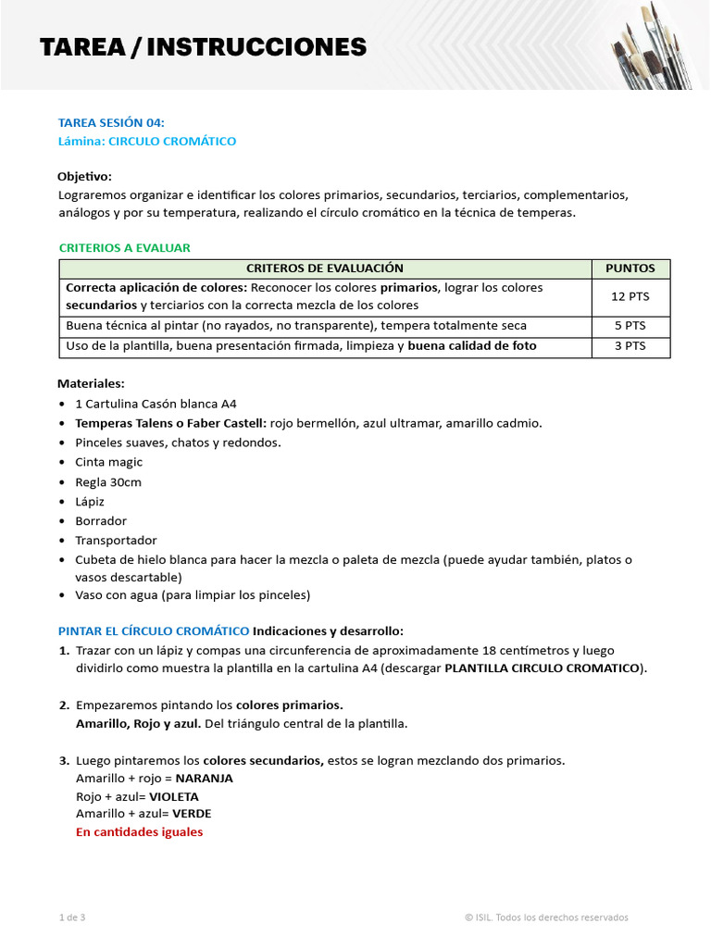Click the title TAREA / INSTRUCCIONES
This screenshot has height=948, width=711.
tap(203, 46)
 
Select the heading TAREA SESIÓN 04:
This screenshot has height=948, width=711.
tap(111, 122)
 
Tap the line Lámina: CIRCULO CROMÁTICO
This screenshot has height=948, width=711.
tap(147, 142)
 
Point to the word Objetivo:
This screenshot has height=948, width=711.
tap(84, 176)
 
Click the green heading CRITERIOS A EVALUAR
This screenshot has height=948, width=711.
tap(124, 248)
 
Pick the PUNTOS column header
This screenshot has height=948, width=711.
tap(630, 268)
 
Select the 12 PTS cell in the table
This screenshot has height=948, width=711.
tap(630, 296)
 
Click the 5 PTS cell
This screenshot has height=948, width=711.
tap(630, 326)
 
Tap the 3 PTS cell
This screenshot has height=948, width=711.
tap(630, 346)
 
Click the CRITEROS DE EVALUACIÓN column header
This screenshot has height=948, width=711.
tap(325, 268)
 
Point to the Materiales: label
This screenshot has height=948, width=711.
tap(91, 383)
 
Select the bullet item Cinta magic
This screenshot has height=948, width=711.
tap(109, 462)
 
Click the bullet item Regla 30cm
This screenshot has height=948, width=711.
tap(108, 482)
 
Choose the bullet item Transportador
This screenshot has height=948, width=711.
tap(117, 541)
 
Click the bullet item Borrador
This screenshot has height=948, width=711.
tap(101, 521)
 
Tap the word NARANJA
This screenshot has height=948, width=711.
tap(204, 779)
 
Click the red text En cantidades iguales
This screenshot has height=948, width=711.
tap(139, 832)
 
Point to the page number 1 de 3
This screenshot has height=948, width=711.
tap(71, 917)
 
